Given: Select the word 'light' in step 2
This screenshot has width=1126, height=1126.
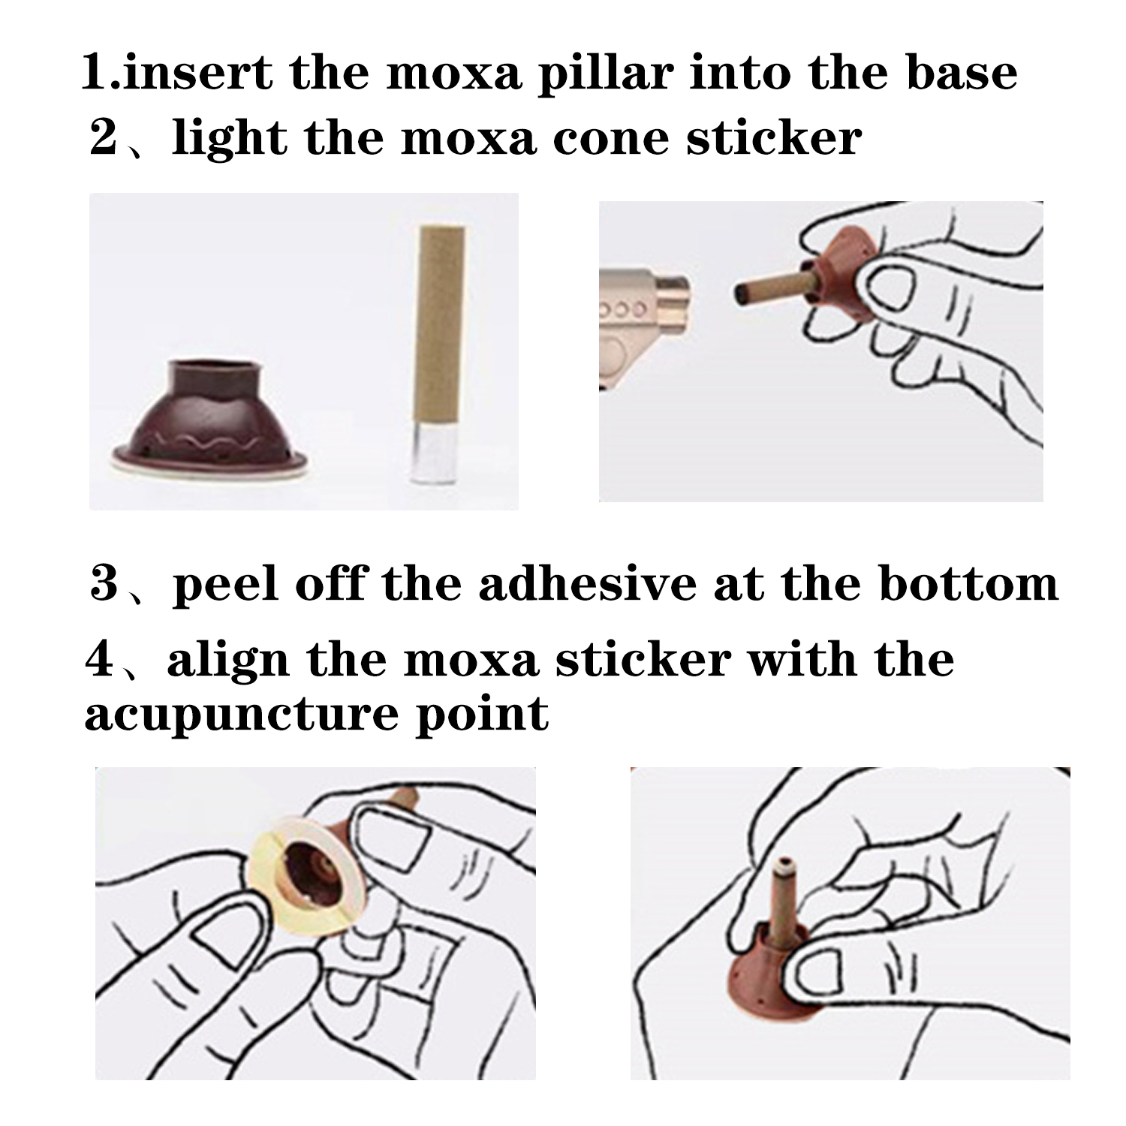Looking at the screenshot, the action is tap(230, 139).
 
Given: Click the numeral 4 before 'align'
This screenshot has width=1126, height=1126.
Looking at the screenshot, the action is tap(99, 658).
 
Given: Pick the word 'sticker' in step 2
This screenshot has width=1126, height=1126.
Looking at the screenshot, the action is tap(774, 139).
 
